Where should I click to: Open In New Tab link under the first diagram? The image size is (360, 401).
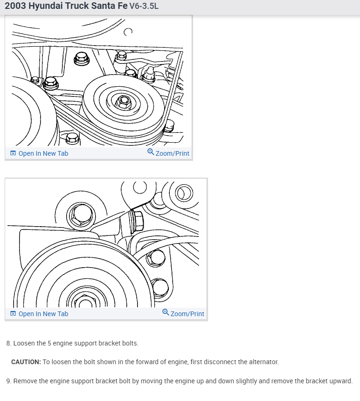pos(43,153)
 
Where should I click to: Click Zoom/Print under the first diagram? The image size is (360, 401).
pos(172,153)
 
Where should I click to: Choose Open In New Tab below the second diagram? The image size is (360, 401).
pos(43,314)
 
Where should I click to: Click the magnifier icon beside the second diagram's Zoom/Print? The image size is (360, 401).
pos(166,312)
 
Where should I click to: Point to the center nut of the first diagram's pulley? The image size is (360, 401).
pos(123,101)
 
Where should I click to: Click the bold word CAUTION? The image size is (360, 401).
pos(26,362)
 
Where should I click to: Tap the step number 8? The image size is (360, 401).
pos(8,343)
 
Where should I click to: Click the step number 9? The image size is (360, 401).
pos(8,381)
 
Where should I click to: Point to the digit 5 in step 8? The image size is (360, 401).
pos(50,343)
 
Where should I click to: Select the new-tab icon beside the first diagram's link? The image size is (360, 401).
pos(13,153)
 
